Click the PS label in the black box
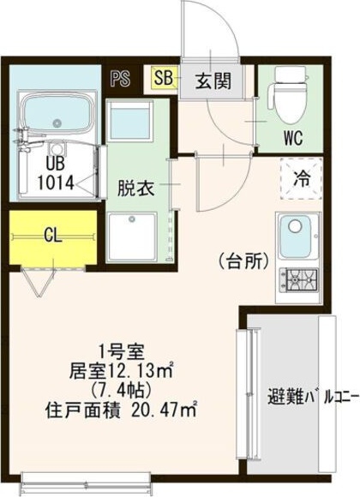click(x=121, y=79)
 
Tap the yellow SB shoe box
click(x=164, y=77)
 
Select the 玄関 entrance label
click(x=213, y=81)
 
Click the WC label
click(x=293, y=138)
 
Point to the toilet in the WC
click(x=289, y=95)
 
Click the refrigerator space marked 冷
click(x=301, y=178)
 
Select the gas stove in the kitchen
click(x=298, y=280)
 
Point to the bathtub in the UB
click(x=57, y=113)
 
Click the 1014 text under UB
click(x=56, y=183)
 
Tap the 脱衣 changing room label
click(x=135, y=189)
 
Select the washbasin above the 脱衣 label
click(x=129, y=120)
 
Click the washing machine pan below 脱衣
click(x=133, y=237)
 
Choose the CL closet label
click(x=53, y=235)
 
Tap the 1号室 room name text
click(x=122, y=352)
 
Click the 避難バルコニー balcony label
click(x=314, y=396)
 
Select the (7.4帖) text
click(x=120, y=391)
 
